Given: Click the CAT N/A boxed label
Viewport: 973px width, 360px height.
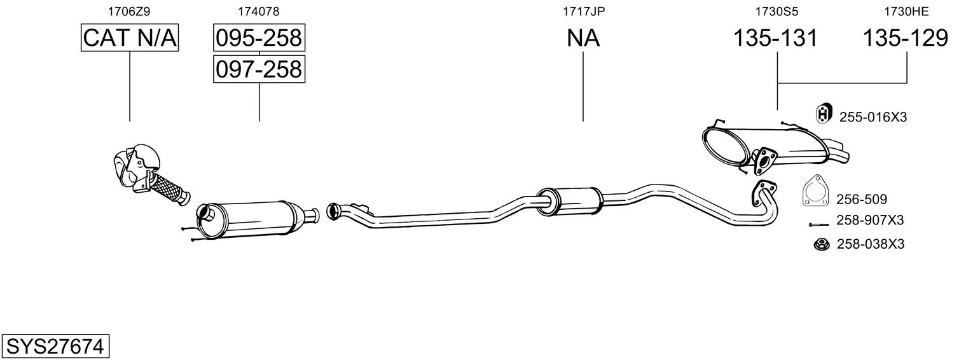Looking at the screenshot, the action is click(130, 38).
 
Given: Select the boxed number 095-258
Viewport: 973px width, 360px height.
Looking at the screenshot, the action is click(259, 38).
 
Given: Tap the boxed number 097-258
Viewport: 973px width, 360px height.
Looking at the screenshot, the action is click(259, 69).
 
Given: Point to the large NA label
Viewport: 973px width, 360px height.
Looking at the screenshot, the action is click(583, 38).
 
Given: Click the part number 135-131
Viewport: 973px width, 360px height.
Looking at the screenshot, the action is click(775, 38).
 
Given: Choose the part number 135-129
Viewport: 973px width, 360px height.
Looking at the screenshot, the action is click(905, 38).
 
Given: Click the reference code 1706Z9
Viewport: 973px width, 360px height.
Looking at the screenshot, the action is click(129, 11).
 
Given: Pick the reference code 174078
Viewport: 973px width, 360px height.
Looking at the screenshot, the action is click(258, 11).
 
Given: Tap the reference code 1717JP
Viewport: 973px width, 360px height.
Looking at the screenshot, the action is click(584, 11).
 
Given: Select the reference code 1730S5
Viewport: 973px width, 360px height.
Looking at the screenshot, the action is click(776, 11).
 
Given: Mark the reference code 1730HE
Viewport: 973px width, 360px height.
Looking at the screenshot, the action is click(906, 11).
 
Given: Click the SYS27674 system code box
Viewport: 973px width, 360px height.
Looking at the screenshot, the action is click(55, 346).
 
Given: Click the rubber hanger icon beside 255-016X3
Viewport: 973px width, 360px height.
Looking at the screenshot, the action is click(823, 113).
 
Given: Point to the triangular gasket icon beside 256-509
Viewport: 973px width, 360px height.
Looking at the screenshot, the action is click(815, 191).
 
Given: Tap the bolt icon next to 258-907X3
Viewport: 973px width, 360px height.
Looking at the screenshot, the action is click(819, 225).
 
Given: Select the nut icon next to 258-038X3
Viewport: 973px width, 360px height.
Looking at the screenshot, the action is click(822, 244).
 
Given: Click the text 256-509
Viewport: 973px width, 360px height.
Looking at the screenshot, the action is click(862, 199).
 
